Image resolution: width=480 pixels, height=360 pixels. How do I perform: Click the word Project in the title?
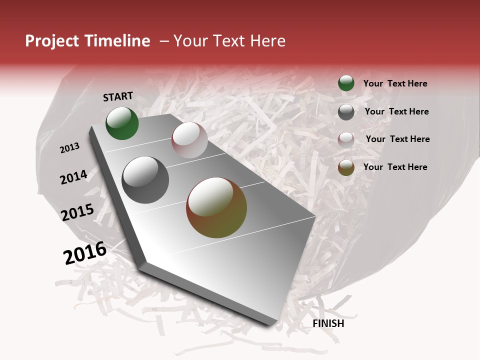click(51, 41)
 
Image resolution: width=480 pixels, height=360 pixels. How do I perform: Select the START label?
click(118, 96)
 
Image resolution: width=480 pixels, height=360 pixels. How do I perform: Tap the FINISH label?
click(328, 323)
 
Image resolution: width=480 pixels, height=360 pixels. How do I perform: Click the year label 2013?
click(69, 148)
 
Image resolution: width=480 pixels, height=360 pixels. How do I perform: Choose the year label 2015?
click(77, 212)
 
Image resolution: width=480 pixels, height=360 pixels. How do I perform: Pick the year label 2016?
click(85, 253)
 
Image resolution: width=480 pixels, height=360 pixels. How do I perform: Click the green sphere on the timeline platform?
click(122, 123)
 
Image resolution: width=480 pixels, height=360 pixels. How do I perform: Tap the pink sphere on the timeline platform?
click(189, 140)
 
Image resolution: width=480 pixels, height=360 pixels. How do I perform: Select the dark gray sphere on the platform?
click(145, 180)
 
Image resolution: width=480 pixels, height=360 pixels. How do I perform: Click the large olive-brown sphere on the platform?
click(216, 207)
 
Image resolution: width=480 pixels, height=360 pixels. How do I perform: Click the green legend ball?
click(346, 83)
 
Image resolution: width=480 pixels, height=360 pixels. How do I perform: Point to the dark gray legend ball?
click(346, 112)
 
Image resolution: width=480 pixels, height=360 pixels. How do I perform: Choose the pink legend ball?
click(346, 139)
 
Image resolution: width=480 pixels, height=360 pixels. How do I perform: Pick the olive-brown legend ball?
click(346, 167)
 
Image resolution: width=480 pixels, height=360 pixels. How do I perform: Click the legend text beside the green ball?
click(395, 83)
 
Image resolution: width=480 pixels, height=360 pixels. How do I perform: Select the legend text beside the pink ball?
click(397, 139)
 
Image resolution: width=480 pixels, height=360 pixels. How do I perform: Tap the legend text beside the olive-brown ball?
click(395, 167)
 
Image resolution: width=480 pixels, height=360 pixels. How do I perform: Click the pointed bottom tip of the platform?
click(270, 323)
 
